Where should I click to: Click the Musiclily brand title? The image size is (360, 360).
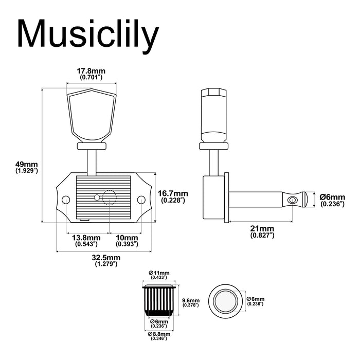coord(88,35)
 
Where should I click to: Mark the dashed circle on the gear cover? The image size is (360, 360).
coord(110,197)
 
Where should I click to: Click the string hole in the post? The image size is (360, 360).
coord(293,200)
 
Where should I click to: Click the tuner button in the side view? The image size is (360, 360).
coord(214,116)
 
